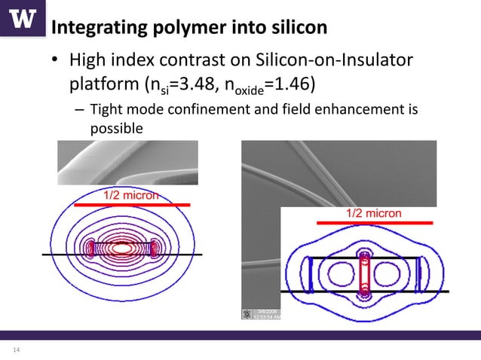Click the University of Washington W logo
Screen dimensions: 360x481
click(23, 19)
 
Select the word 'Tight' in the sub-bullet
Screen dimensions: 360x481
click(106, 111)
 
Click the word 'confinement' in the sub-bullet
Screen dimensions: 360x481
click(198, 111)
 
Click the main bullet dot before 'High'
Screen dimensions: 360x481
click(55, 61)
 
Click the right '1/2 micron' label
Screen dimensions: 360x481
click(373, 214)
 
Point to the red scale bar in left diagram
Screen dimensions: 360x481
click(131, 204)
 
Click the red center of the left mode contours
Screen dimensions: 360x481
click(121, 247)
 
